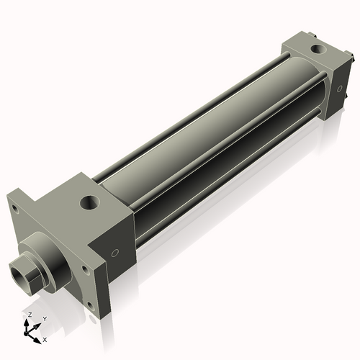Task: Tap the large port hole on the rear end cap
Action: (x=316, y=50)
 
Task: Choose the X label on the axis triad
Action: (x=45, y=338)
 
